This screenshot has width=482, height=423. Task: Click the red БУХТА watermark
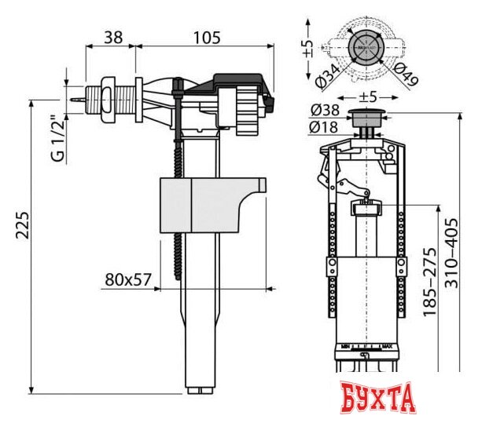click(380, 399)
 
